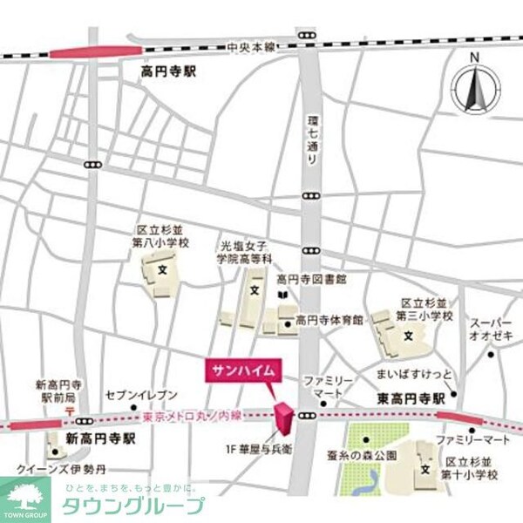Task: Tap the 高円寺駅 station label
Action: click(168, 72)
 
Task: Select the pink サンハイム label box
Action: click(242, 370)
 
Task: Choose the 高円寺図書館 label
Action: click(312, 279)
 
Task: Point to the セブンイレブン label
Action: click(140, 394)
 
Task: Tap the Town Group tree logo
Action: click(24, 498)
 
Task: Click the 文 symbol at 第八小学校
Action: click(161, 270)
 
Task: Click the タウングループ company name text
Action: click(132, 506)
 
